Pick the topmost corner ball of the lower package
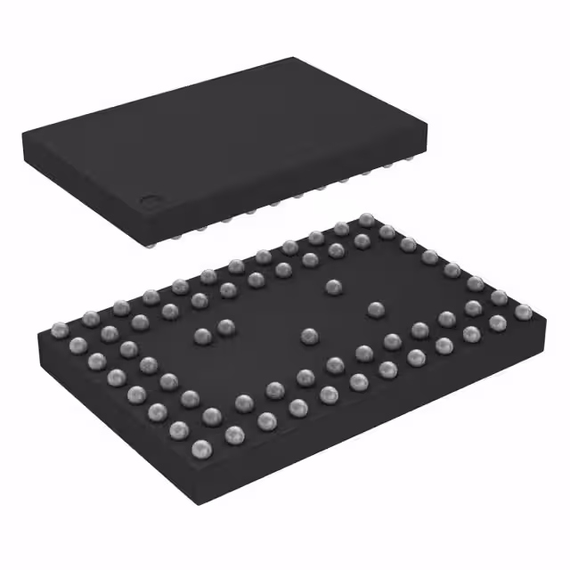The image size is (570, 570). click(x=365, y=219)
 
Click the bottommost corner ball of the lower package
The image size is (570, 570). click(x=202, y=447)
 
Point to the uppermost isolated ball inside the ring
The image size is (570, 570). click(x=333, y=287)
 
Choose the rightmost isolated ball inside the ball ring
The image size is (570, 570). click(x=375, y=309)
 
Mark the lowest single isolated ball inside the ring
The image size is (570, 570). click(x=309, y=336)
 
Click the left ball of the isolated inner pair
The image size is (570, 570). click(x=203, y=336)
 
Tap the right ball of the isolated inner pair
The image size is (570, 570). click(x=226, y=327)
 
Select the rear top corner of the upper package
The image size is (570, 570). click(x=293, y=59)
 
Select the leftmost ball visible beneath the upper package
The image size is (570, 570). click(x=157, y=237)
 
